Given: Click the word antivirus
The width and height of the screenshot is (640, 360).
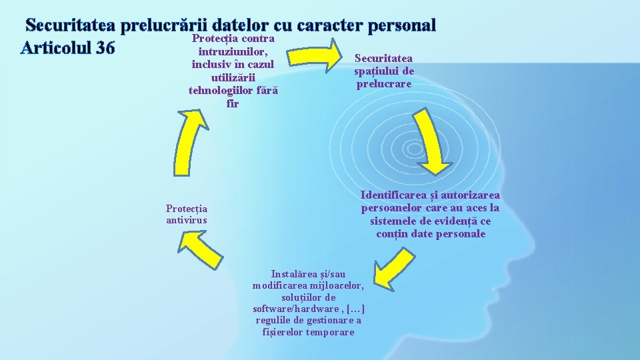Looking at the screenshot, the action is [187, 220].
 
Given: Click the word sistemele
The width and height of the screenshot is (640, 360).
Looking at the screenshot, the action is [394, 221].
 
